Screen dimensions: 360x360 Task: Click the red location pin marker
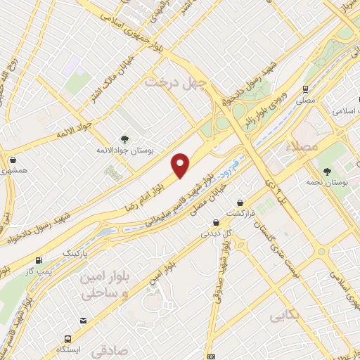point(181,165)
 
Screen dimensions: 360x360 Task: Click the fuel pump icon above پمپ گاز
point(39,259)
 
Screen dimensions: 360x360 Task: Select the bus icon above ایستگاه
point(84,321)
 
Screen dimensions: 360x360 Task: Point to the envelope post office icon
point(211,356)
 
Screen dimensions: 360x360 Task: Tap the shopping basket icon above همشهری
point(13,158)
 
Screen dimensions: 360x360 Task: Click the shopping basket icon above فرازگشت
point(241,201)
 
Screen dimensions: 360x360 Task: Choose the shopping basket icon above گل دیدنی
point(214,219)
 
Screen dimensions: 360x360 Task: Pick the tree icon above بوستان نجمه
point(326,171)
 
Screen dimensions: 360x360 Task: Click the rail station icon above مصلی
point(305,89)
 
